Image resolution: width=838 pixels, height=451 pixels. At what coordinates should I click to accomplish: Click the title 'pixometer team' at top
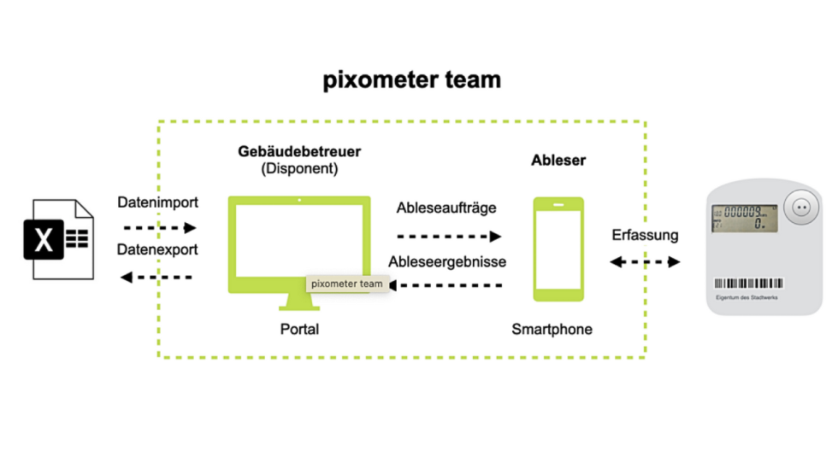tap(411, 80)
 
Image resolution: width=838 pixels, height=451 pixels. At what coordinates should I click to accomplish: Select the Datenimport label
tap(157, 202)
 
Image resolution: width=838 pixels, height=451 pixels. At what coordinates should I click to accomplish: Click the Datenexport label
tap(157, 250)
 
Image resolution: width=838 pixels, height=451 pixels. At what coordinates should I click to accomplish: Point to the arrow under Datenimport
tap(160, 228)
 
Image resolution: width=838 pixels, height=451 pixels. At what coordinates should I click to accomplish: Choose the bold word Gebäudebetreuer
tap(299, 152)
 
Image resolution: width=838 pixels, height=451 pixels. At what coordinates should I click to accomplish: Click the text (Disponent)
tap(299, 169)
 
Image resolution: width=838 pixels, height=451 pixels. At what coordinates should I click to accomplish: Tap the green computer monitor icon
tap(299, 243)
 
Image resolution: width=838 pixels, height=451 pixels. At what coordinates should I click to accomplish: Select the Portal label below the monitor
tap(299, 329)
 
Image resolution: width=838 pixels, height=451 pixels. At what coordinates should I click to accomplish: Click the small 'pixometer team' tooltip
tap(347, 284)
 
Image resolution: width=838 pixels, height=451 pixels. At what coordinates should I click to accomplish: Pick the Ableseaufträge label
tap(446, 208)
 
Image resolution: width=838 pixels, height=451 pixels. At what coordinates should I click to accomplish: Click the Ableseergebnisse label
tap(447, 261)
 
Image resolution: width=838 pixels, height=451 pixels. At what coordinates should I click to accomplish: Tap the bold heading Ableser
tap(558, 160)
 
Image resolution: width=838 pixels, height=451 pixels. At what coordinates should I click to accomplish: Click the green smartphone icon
tap(558, 249)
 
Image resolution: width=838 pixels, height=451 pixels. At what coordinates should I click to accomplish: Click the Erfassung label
tap(645, 235)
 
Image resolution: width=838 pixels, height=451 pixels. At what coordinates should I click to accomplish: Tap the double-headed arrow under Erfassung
tap(645, 261)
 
